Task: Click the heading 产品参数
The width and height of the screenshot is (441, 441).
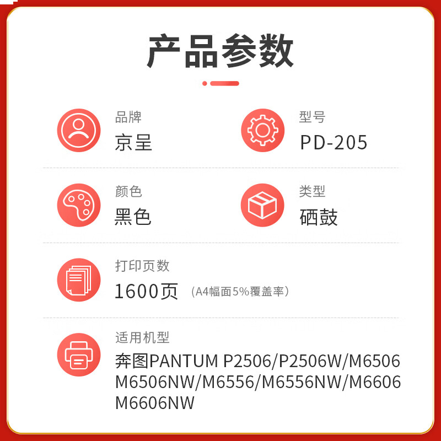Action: coord(220,51)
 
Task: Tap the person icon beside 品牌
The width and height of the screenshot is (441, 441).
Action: coord(79,131)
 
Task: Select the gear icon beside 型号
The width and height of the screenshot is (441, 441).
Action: coord(262,131)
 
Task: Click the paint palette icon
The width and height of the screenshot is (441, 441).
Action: coord(79,205)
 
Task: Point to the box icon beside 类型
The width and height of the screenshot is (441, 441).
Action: coord(262,205)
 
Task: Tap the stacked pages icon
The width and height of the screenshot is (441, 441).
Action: coord(79,280)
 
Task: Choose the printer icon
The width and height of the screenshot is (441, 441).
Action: coord(79,354)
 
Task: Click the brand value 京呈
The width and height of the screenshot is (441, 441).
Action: coord(133,143)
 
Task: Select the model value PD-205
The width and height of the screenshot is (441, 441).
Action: coord(334,143)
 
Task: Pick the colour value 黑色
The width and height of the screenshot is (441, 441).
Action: coord(133,217)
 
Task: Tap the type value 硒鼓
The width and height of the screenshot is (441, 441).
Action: coord(319,217)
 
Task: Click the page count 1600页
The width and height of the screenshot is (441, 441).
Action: coord(146,291)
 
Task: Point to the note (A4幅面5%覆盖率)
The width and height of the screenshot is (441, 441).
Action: coord(240,292)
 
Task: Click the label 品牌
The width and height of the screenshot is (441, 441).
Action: coord(128,117)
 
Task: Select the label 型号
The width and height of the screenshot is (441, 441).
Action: coord(312,117)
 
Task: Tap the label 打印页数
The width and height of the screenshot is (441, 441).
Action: coord(142,266)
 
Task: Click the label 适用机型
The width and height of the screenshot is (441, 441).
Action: coord(142,338)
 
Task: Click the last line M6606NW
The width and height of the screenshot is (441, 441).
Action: coord(155,403)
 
